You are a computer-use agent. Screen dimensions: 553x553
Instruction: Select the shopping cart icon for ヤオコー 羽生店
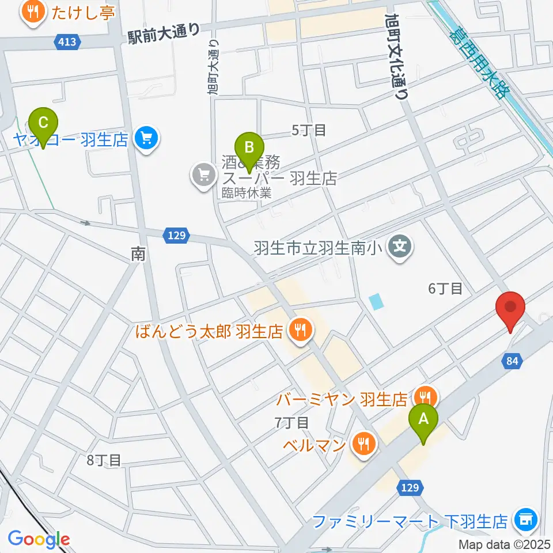[146, 139]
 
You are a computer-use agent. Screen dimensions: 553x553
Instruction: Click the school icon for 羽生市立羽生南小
[399, 248]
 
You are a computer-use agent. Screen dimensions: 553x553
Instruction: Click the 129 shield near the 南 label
[177, 234]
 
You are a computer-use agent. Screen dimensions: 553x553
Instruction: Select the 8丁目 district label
[104, 460]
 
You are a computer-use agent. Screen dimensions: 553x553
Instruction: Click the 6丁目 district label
[446, 289]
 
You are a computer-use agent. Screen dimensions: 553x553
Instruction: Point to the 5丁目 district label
[309, 130]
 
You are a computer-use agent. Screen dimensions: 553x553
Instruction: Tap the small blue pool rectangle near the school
[376, 301]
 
